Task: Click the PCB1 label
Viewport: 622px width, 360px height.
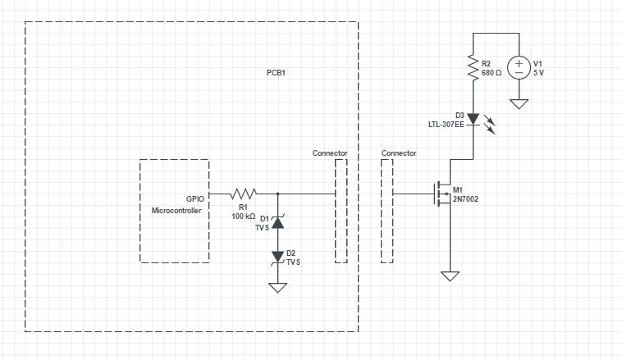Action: (276, 73)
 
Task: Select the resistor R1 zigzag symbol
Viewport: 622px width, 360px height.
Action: (244, 194)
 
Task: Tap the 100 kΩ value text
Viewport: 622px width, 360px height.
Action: (244, 216)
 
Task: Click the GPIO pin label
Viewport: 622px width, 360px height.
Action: (195, 198)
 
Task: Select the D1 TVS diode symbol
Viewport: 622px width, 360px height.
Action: (278, 221)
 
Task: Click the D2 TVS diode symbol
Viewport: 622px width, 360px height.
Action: (278, 257)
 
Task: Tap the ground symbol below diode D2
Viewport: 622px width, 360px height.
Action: (278, 287)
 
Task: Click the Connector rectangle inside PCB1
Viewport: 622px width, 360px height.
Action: (341, 211)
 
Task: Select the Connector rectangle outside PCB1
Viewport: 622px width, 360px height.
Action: (387, 211)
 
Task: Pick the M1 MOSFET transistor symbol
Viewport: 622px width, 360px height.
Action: (443, 194)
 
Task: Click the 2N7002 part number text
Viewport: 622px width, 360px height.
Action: (465, 199)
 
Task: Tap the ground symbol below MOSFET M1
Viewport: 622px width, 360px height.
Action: (449, 276)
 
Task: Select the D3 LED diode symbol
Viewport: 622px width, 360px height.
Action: (473, 121)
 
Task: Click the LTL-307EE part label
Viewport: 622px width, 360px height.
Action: (446, 125)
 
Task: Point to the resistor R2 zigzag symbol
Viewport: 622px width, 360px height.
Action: (473, 67)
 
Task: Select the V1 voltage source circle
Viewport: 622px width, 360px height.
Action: (519, 67)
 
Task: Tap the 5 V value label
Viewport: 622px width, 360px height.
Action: (539, 73)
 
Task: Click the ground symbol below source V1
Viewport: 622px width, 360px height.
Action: (519, 103)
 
